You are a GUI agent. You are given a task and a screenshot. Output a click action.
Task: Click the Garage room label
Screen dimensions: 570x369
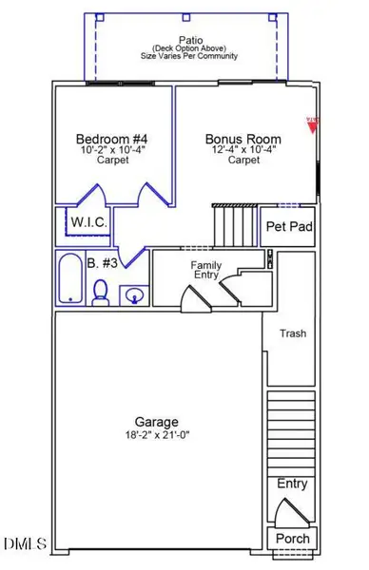pyautogui.click(x=157, y=421)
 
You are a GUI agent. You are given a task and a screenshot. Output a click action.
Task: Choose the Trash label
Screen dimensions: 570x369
pyautogui.click(x=292, y=333)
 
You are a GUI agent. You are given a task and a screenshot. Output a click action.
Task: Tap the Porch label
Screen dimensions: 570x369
pyautogui.click(x=292, y=539)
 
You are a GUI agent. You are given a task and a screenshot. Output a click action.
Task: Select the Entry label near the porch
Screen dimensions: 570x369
pyautogui.click(x=292, y=484)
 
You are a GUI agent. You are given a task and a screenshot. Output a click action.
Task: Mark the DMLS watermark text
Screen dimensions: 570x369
pyautogui.click(x=26, y=544)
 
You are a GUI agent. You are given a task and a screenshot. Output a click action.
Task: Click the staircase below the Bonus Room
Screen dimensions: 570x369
pyautogui.click(x=235, y=226)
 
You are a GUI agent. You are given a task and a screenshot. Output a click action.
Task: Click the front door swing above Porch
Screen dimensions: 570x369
pyautogui.click(x=290, y=511)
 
